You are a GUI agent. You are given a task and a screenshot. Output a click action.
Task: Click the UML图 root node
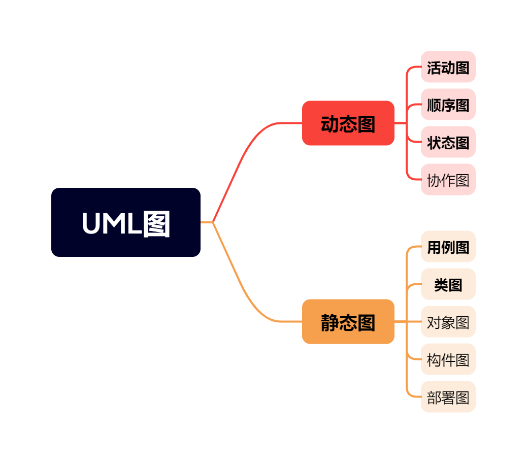(126, 222)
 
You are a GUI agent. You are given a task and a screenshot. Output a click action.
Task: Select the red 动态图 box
(348, 123)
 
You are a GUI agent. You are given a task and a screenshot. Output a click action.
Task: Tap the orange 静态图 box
(348, 322)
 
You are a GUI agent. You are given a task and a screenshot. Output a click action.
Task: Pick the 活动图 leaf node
(448, 67)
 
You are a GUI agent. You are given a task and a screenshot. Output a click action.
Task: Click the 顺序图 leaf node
(448, 105)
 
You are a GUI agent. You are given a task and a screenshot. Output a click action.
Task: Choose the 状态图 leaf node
(448, 142)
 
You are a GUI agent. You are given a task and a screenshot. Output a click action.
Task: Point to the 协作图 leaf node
(448, 180)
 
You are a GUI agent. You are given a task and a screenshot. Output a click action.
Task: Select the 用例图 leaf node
(448, 247)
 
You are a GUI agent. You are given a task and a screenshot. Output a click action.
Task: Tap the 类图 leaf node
(448, 284)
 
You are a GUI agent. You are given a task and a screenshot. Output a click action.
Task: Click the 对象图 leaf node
(448, 322)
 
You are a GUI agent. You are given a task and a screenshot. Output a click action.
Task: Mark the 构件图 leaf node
(448, 359)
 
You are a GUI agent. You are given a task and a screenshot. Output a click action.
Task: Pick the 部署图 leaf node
(448, 397)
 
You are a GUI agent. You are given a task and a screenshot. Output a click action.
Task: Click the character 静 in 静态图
(330, 322)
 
